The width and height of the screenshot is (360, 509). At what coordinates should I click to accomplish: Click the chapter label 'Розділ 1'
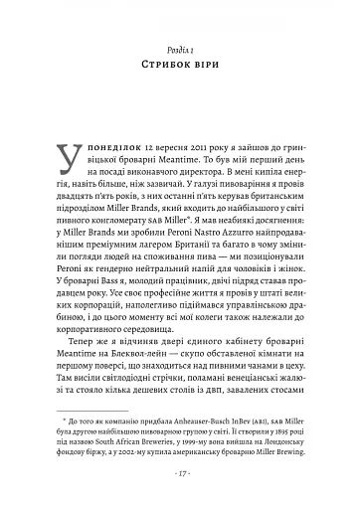coord(180,47)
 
